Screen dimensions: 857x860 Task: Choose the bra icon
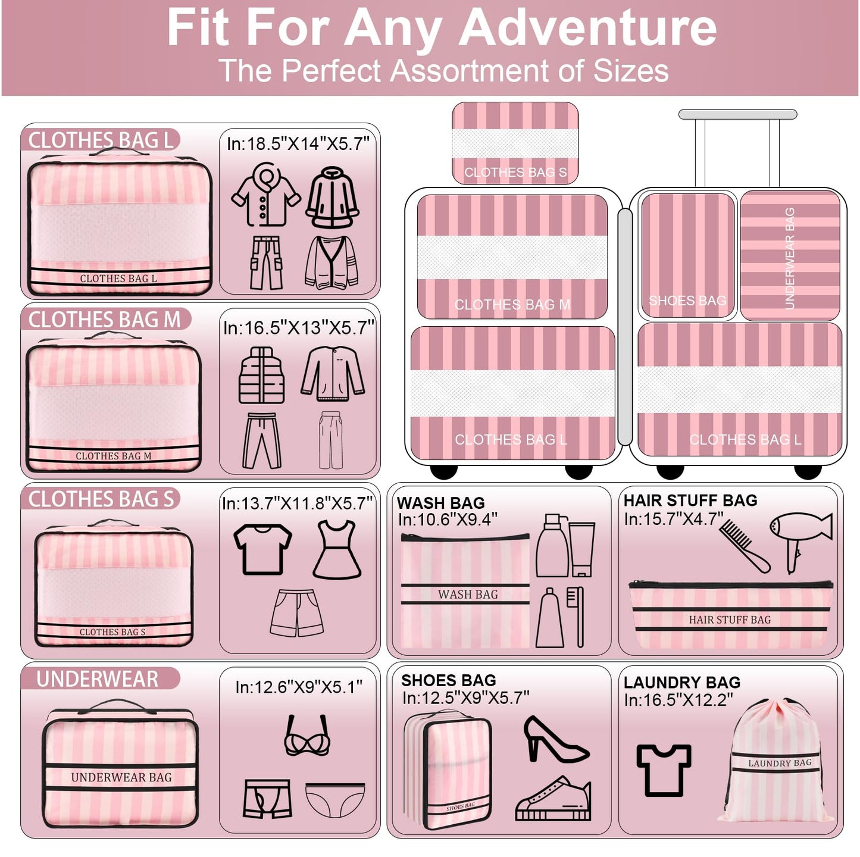307,736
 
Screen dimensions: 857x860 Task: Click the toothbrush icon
576,617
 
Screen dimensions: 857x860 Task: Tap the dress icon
337,550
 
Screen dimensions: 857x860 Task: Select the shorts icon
297,613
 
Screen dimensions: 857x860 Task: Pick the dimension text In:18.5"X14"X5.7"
298,144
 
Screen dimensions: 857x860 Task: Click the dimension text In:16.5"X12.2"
678,700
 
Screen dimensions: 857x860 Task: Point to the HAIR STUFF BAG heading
690,501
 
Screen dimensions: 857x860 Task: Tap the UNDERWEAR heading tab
98,679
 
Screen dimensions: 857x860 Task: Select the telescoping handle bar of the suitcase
737,114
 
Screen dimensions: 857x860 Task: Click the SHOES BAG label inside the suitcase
687,301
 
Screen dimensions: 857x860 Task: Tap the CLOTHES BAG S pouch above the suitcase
515,143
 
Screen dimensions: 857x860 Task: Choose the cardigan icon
332,262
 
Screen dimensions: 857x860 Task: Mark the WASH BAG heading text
441,503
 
